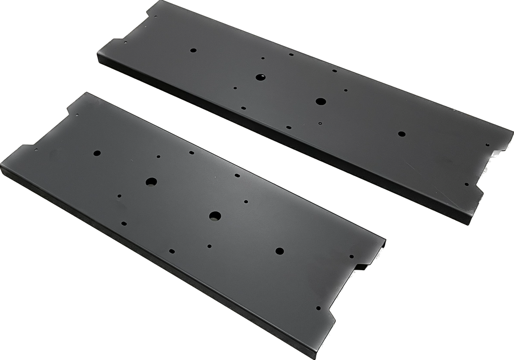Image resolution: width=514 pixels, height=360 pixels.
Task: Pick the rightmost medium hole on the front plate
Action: point(279,251)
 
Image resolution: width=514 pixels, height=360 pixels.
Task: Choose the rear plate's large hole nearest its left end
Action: point(260,77)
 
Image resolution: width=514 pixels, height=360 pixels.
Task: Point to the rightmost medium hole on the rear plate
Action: point(401,134)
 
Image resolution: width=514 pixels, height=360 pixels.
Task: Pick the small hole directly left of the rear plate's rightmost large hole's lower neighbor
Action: point(288,127)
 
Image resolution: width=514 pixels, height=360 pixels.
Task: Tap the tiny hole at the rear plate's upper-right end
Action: point(487,144)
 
